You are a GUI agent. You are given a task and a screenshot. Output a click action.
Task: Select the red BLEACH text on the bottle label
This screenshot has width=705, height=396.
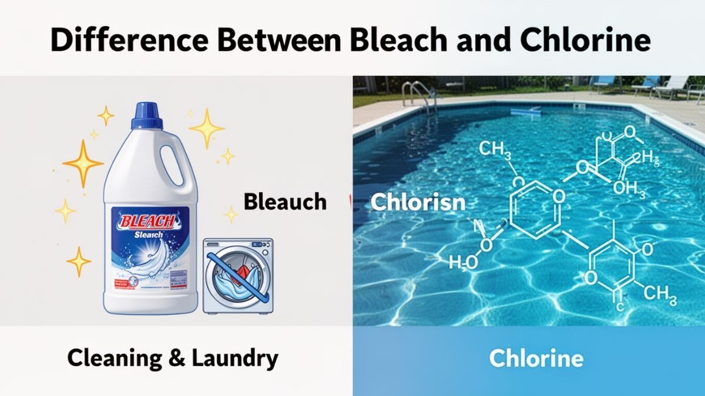coord(145,221)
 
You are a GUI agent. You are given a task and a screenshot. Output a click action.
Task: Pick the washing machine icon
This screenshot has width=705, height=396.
coord(237,275)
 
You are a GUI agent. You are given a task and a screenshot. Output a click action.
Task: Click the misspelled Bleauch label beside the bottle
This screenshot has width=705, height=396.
coord(285,201)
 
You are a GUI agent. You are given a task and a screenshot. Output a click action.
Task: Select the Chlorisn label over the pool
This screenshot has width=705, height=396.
coord(418,202)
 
